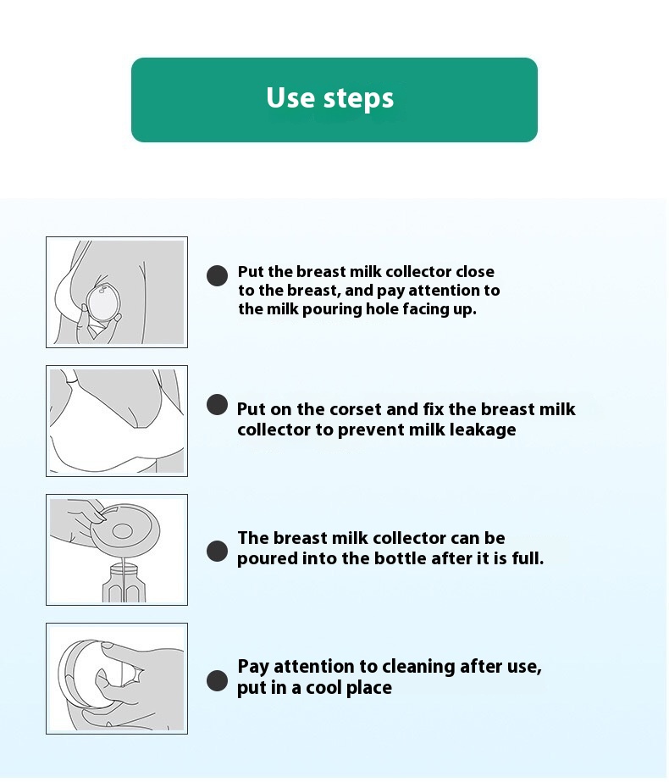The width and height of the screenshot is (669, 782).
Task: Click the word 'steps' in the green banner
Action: pyautogui.click(x=359, y=99)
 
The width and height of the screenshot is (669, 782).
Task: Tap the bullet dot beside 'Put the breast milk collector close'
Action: pyautogui.click(x=217, y=275)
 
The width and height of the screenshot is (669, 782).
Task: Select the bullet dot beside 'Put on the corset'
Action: pyautogui.click(x=217, y=404)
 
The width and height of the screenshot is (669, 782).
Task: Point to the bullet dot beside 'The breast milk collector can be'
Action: pyautogui.click(x=217, y=551)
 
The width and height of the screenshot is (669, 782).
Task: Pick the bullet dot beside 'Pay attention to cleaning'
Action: pyautogui.click(x=217, y=681)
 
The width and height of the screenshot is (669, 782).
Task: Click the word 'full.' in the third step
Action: pyautogui.click(x=528, y=558)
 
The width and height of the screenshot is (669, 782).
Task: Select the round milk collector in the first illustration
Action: pyautogui.click(x=103, y=301)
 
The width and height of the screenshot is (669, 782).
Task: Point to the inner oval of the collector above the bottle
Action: pyautogui.click(x=122, y=530)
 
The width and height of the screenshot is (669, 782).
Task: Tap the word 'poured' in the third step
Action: pyautogui.click(x=266, y=558)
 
